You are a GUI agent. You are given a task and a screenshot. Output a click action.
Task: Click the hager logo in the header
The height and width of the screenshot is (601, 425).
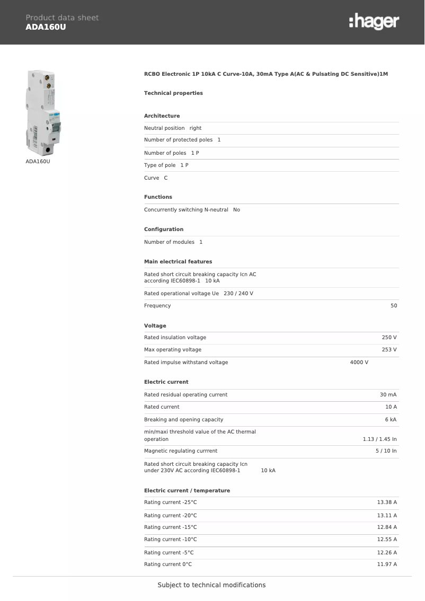[x=374, y=22]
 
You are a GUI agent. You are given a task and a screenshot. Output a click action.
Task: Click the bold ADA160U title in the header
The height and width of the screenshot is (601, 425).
[x=46, y=27]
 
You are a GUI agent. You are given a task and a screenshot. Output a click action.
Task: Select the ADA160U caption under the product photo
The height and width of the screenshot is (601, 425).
[x=38, y=161]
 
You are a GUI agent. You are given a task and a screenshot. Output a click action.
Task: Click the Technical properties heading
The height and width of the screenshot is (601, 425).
[x=173, y=93]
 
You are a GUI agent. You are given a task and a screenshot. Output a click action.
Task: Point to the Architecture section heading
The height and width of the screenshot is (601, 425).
[x=162, y=116]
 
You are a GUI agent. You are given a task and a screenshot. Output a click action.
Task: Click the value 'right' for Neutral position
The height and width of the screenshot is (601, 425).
[x=196, y=128]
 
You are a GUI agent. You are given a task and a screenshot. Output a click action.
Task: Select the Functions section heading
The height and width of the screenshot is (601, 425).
[x=158, y=197]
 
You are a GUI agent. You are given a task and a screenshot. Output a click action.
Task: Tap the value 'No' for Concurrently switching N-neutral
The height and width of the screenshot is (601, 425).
[x=236, y=210]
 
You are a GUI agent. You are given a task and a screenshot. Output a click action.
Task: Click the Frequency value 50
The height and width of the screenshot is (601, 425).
[x=394, y=306]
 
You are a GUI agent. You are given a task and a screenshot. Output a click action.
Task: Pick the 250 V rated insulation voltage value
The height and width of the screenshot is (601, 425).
[x=389, y=338]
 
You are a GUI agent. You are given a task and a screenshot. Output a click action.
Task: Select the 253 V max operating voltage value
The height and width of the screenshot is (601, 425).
[x=389, y=350]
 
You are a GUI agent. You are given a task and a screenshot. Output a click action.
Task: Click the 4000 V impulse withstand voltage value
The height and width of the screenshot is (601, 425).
[x=359, y=363]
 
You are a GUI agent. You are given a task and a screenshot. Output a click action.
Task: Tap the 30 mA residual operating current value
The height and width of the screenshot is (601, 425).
[x=388, y=395]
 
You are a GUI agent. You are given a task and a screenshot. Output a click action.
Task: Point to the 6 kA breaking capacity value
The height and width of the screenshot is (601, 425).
[x=391, y=420]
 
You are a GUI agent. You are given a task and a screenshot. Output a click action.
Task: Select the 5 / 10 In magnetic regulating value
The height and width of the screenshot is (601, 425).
[x=386, y=451]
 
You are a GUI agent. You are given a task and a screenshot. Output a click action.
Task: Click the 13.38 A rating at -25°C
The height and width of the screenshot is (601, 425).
[x=387, y=502]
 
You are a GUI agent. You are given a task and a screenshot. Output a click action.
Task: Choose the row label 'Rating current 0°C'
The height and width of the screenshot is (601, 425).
[x=168, y=564]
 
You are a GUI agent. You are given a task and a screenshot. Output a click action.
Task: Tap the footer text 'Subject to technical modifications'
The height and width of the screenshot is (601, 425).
[x=211, y=585]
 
